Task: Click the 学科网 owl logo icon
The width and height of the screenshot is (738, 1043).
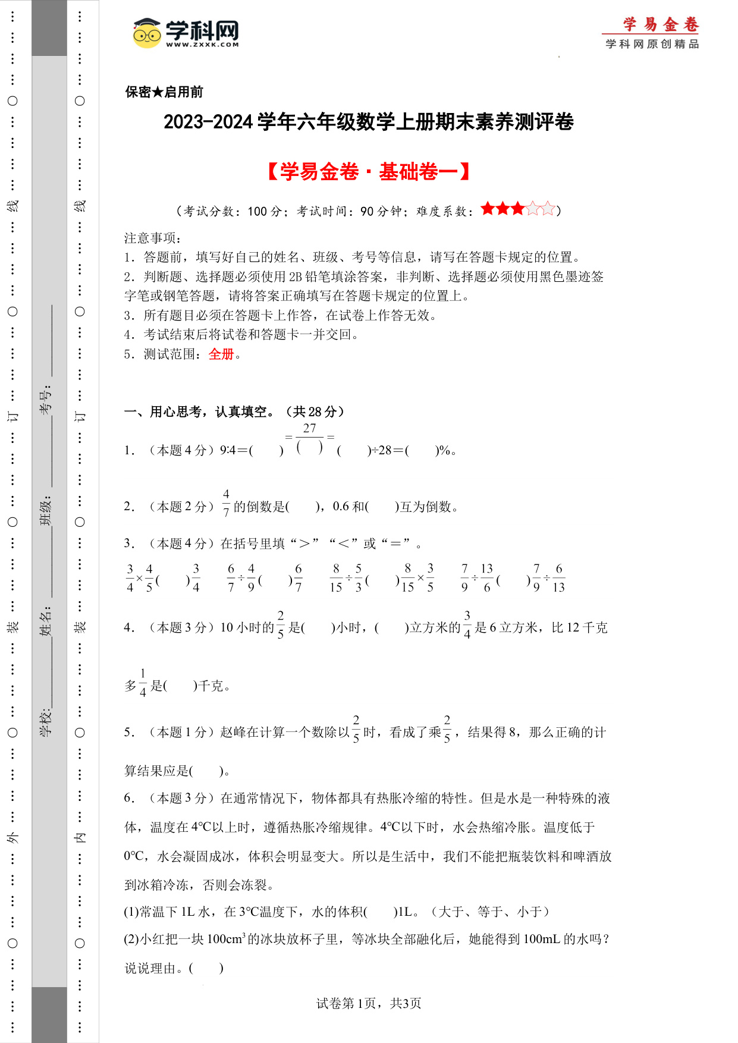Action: click(x=147, y=33)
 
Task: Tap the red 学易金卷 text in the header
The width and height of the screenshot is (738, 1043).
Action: click(x=661, y=24)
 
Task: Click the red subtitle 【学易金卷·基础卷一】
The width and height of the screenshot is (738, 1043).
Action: click(x=369, y=172)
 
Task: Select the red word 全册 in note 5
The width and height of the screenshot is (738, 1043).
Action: click(x=221, y=354)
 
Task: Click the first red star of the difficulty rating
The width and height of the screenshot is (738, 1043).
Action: click(x=488, y=209)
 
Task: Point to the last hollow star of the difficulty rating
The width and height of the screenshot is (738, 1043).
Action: click(x=548, y=209)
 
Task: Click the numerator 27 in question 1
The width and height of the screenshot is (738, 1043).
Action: click(x=309, y=428)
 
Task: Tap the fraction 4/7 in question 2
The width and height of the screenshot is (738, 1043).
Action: click(x=226, y=503)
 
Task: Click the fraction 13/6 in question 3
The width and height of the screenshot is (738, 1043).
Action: click(x=486, y=578)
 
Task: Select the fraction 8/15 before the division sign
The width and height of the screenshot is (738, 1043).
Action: click(x=336, y=578)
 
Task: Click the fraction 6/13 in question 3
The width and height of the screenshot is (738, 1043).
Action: click(x=558, y=578)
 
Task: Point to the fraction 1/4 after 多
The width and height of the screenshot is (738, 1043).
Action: click(x=143, y=683)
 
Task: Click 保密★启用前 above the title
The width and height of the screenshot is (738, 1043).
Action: click(x=164, y=92)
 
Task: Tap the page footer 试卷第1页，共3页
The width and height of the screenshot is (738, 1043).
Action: click(x=369, y=1004)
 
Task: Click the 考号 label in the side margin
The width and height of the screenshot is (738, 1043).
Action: click(x=46, y=400)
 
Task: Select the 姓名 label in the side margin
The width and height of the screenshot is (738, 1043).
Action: click(x=46, y=621)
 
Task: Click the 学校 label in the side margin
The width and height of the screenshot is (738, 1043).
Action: click(x=46, y=723)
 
